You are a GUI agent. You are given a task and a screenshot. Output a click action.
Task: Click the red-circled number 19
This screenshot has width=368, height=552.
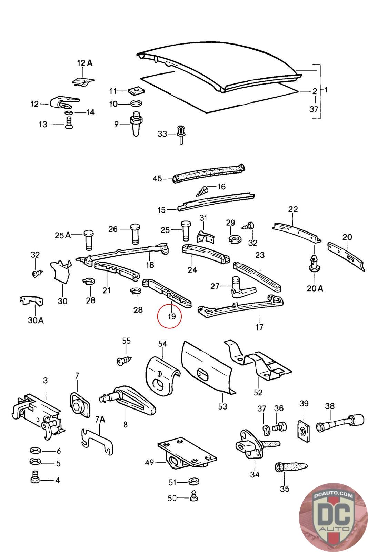tap(172, 316)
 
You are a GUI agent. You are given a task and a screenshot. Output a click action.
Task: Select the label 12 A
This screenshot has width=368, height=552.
tap(84, 63)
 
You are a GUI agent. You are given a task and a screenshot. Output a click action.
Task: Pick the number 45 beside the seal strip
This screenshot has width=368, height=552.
tap(157, 179)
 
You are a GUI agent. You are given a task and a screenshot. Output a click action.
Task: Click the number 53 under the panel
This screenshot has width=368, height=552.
tap(223, 406)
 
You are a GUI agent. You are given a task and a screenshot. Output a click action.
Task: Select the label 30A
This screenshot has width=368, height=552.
tap(36, 320)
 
